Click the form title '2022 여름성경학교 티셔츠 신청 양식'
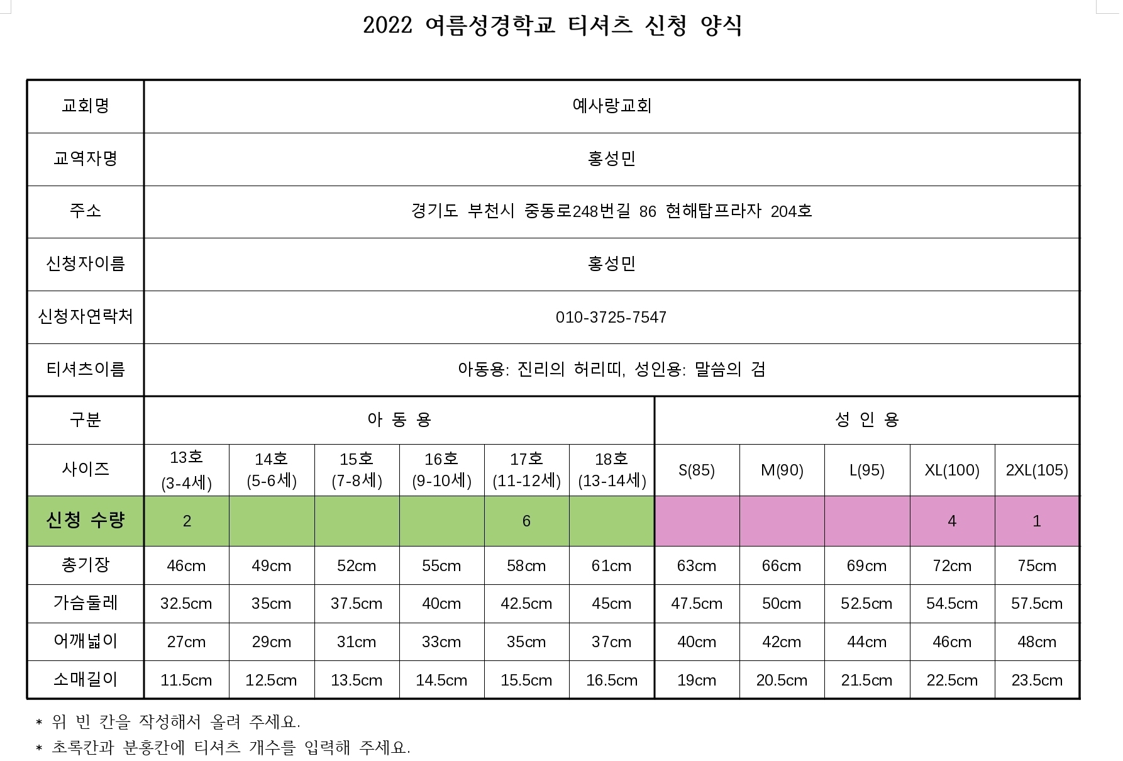(553, 26)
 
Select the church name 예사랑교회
(611, 106)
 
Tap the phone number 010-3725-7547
(611, 317)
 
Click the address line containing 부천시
(611, 211)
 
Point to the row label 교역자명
(86, 158)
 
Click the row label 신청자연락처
(86, 316)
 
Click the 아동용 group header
(399, 419)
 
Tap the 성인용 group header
(866, 419)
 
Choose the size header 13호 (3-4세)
(186, 470)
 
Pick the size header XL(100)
(951, 470)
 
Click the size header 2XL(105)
(1036, 470)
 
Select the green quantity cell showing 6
(526, 521)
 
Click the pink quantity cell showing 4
(951, 521)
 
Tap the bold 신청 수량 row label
(86, 520)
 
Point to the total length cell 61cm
(611, 566)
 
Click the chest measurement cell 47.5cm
(696, 604)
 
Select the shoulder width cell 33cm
(441, 642)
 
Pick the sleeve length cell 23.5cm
(1036, 680)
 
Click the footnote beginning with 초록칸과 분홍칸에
(230, 747)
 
